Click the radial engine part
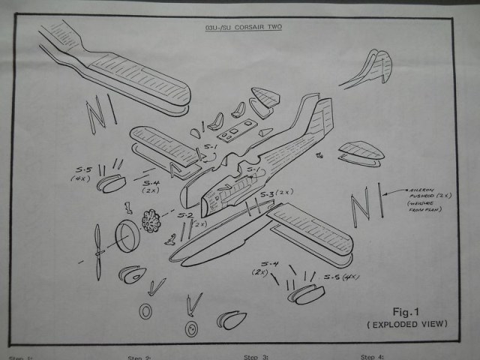(156, 220)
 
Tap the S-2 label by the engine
(185, 215)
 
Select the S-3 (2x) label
(276, 194)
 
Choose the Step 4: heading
(373, 356)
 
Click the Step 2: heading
(140, 357)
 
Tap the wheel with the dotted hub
(193, 328)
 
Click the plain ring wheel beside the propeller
(145, 311)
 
